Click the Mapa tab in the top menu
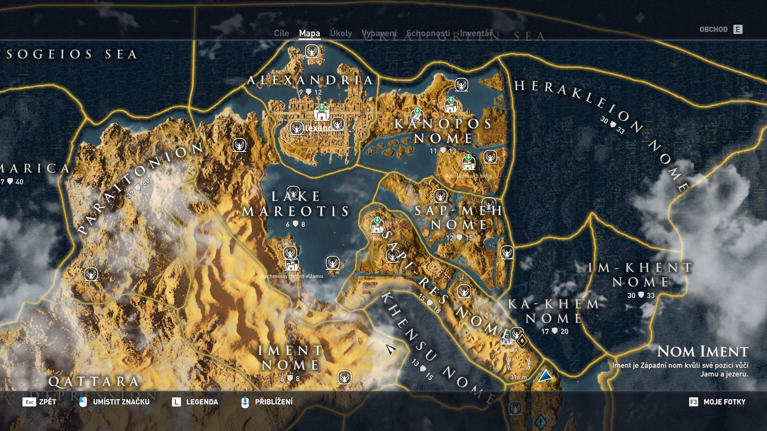pyautogui.click(x=309, y=33)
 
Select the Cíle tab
pyautogui.click(x=281, y=33)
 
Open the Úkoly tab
pyautogui.click(x=341, y=33)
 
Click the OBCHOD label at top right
pyautogui.click(x=713, y=30)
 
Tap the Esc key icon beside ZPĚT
pyautogui.click(x=29, y=402)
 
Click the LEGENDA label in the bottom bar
pyautogui.click(x=202, y=402)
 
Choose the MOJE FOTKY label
pyautogui.click(x=724, y=402)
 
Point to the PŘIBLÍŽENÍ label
pyautogui.click(x=273, y=402)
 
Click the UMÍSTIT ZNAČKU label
pyautogui.click(x=121, y=402)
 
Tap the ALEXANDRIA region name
pyautogui.click(x=310, y=80)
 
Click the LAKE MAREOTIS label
pyautogui.click(x=295, y=204)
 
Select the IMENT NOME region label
pyautogui.click(x=290, y=357)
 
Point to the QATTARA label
pyautogui.click(x=94, y=382)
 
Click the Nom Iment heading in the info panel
pyautogui.click(x=703, y=351)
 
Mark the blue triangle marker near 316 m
pyautogui.click(x=545, y=376)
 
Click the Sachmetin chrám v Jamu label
pyautogui.click(x=292, y=276)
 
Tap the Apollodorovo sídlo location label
pyautogui.click(x=468, y=175)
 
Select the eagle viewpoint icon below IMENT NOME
pyautogui.click(x=345, y=377)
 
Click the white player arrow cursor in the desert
pyautogui.click(x=391, y=350)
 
